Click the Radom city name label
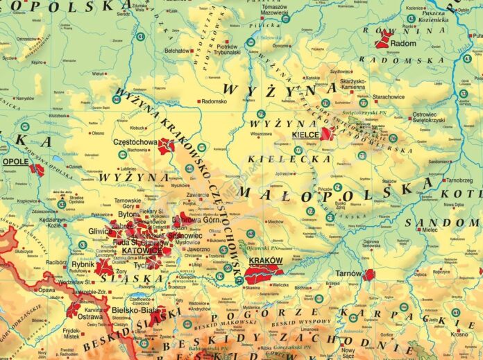[404, 43]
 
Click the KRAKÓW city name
[265, 261]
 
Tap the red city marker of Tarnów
[368, 275]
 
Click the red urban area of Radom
[382, 39]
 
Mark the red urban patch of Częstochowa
[165, 146]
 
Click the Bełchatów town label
[178, 51]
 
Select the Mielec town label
[448, 228]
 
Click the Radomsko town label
[214, 101]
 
